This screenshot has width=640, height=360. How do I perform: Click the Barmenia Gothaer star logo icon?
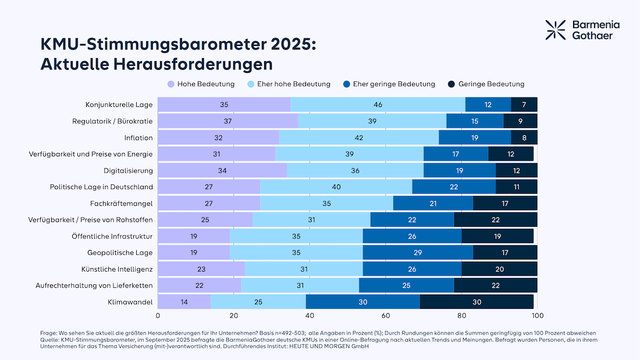pyautogui.click(x=555, y=30)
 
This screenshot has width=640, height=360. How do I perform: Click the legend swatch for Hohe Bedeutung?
pyautogui.click(x=171, y=84)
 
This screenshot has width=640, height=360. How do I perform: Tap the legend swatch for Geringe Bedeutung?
pyautogui.click(x=451, y=84)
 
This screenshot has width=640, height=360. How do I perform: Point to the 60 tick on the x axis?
pyautogui.click(x=386, y=316)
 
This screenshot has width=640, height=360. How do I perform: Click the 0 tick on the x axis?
pyautogui.click(x=158, y=316)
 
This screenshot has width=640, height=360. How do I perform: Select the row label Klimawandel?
pyautogui.click(x=130, y=302)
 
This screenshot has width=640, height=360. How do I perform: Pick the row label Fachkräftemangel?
pyautogui.click(x=122, y=204)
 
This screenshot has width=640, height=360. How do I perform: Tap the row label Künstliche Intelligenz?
pyautogui.click(x=117, y=269)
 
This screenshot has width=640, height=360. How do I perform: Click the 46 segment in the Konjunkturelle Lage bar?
pyautogui.click(x=378, y=105)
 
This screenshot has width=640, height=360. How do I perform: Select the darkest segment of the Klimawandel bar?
pyautogui.click(x=477, y=302)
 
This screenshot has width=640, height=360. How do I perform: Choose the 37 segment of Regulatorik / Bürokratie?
pyautogui.click(x=227, y=121)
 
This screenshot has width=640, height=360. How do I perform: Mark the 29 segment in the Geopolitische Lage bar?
pyautogui.click(x=418, y=253)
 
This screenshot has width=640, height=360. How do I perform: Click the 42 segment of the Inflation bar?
pyautogui.click(x=358, y=138)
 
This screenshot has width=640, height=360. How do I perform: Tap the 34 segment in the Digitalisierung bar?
pyautogui.click(x=222, y=170)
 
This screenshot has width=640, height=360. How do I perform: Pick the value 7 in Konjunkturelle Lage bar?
pyautogui.click(x=524, y=105)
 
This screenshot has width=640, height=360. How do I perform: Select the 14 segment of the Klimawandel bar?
pyautogui.click(x=184, y=302)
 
